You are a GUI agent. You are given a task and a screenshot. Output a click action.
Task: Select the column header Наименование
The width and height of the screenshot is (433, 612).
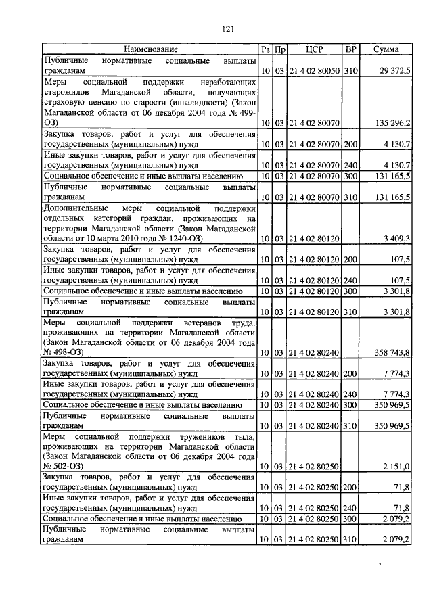151,49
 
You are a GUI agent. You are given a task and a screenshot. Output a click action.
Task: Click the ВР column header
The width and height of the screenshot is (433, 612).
350,49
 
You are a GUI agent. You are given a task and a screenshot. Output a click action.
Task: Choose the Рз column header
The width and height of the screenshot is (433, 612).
265,49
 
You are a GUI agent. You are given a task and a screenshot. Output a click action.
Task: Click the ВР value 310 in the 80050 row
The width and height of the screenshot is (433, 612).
350,70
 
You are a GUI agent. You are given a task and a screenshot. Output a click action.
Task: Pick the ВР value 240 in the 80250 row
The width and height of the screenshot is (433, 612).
350,508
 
